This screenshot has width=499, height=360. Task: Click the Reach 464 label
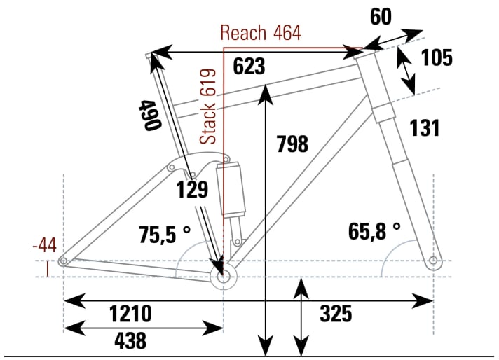coord(260,33)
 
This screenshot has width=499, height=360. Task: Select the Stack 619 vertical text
coord(208,107)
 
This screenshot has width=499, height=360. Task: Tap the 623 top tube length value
coord(249,67)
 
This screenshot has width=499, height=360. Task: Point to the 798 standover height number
coord(292,144)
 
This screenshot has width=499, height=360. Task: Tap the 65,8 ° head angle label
coord(374,230)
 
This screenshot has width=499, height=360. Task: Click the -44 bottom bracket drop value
coord(45,245)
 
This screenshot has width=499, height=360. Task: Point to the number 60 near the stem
coord(381,17)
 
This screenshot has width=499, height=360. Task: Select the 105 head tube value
coord(437,58)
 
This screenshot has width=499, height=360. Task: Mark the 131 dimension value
coord(424,128)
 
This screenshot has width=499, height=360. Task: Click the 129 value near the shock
coord(191,189)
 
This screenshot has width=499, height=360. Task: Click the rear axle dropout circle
coord(64,262)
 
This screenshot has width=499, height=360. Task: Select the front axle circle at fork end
coord(433,261)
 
